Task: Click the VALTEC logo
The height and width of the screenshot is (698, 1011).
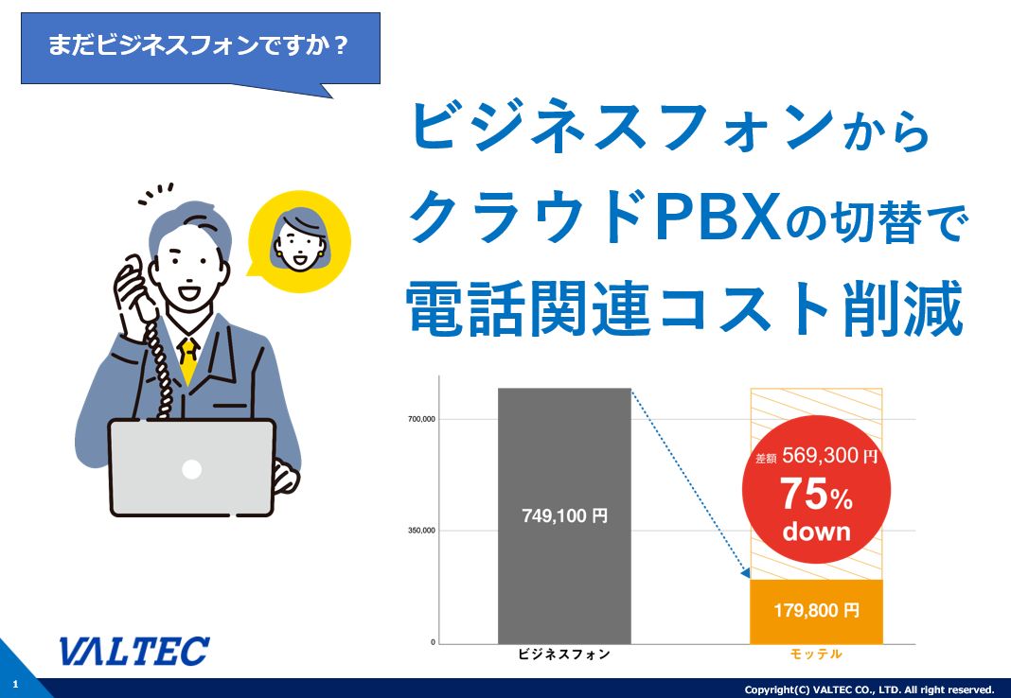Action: [x=134, y=651]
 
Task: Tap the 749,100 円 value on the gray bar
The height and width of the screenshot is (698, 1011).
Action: [x=565, y=515]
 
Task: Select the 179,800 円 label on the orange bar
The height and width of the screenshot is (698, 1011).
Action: [x=816, y=610]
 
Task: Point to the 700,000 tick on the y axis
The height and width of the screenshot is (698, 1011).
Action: [x=421, y=419]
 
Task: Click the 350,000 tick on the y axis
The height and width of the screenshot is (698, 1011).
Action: [x=421, y=531]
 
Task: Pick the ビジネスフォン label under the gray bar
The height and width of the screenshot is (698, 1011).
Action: [x=564, y=654]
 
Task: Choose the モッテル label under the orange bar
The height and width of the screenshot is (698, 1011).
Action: [x=816, y=654]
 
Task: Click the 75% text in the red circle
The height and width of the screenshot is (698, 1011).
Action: [x=817, y=495]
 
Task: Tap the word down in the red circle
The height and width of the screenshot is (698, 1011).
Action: [x=817, y=532]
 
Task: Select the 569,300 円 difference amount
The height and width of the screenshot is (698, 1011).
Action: [x=830, y=456]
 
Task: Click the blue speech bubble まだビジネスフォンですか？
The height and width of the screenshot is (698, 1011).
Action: [x=201, y=49]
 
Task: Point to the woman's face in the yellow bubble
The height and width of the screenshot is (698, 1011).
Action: [x=299, y=239]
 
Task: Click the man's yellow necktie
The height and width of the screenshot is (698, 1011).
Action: [x=188, y=359]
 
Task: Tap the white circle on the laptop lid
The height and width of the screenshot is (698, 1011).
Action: [x=191, y=469]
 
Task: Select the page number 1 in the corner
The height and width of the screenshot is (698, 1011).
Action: [x=15, y=685]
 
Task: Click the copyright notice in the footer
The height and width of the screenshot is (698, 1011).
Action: [x=869, y=689]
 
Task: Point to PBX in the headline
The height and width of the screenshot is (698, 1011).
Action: [x=718, y=217]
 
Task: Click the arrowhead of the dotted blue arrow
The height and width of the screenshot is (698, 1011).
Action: [x=746, y=572]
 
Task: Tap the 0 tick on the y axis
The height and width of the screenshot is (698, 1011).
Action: [x=434, y=642]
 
